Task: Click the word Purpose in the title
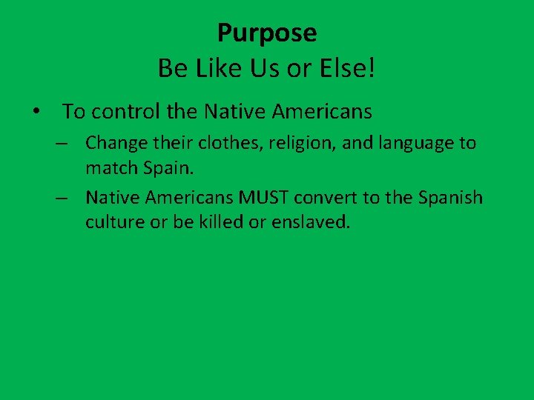(267, 33)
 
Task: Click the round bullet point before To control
(36, 113)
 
